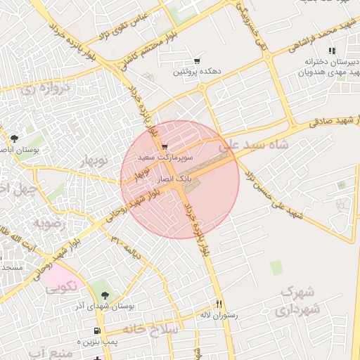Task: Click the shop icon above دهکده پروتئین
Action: click(196, 61)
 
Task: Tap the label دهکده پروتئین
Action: click(197, 72)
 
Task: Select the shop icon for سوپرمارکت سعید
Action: click(165, 147)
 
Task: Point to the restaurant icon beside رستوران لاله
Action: click(219, 304)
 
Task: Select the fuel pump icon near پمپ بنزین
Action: click(96, 330)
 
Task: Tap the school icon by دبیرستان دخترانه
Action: click(332, 51)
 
